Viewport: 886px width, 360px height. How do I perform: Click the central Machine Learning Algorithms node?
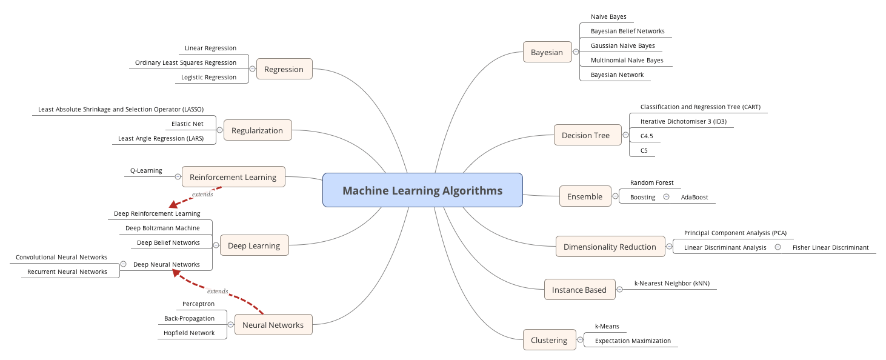click(x=422, y=190)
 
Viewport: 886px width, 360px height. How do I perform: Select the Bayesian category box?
click(x=547, y=52)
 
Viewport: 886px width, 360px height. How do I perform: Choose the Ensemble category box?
click(x=584, y=196)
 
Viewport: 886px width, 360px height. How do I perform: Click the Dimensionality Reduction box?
click(x=609, y=247)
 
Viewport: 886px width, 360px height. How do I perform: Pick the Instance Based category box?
click(x=579, y=290)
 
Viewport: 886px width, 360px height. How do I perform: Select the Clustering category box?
click(x=548, y=340)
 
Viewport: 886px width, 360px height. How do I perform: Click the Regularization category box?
click(x=257, y=130)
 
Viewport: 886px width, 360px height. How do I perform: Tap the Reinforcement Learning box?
click(x=233, y=177)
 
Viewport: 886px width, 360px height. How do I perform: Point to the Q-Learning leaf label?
click(x=146, y=170)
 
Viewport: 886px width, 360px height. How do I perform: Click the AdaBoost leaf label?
click(x=694, y=197)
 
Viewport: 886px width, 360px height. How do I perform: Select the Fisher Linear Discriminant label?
click(x=830, y=247)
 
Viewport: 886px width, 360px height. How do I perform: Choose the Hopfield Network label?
click(x=189, y=333)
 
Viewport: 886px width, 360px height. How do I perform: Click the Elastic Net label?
click(x=187, y=124)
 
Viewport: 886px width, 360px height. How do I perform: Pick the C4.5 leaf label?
click(x=647, y=136)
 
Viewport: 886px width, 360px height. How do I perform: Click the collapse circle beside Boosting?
click(x=666, y=196)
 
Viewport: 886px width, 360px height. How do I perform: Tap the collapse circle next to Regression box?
click(x=252, y=69)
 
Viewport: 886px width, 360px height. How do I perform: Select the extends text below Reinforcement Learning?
click(x=202, y=195)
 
